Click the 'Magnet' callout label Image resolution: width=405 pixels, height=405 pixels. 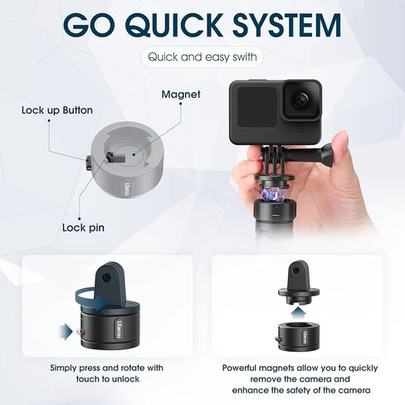click(x=180, y=95)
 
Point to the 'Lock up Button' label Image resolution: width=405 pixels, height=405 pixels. click(x=56, y=110)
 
